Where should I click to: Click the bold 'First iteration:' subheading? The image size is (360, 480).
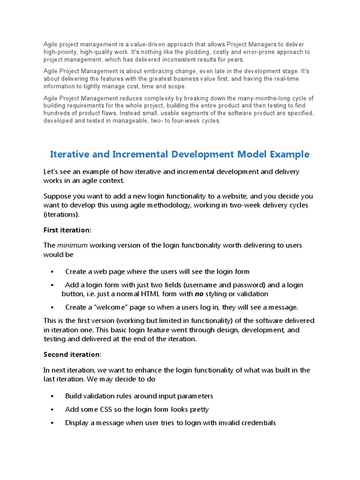pos(67,230)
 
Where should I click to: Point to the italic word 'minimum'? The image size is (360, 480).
pos(72,245)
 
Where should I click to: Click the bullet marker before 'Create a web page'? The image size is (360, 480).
pos(52,272)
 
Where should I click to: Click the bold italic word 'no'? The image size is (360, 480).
pos(199,294)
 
